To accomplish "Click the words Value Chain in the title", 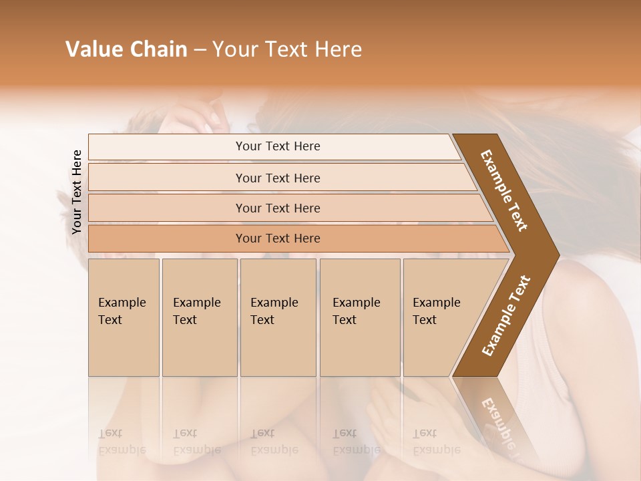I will [x=126, y=49].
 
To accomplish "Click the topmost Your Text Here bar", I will [x=278, y=146].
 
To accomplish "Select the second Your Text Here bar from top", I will [x=278, y=178].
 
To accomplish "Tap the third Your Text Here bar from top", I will [x=278, y=208].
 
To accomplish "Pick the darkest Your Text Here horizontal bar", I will [x=278, y=238].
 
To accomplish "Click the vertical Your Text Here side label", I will [x=77, y=192].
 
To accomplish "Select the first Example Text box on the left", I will [x=124, y=317].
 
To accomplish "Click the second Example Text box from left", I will [x=199, y=317].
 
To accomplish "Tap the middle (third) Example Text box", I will [x=278, y=317].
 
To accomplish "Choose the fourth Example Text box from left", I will [x=360, y=317].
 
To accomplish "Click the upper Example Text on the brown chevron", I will [x=504, y=190].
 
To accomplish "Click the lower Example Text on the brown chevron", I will [x=505, y=316].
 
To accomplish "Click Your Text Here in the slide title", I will [x=287, y=49].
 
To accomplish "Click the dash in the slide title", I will [x=199, y=50].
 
